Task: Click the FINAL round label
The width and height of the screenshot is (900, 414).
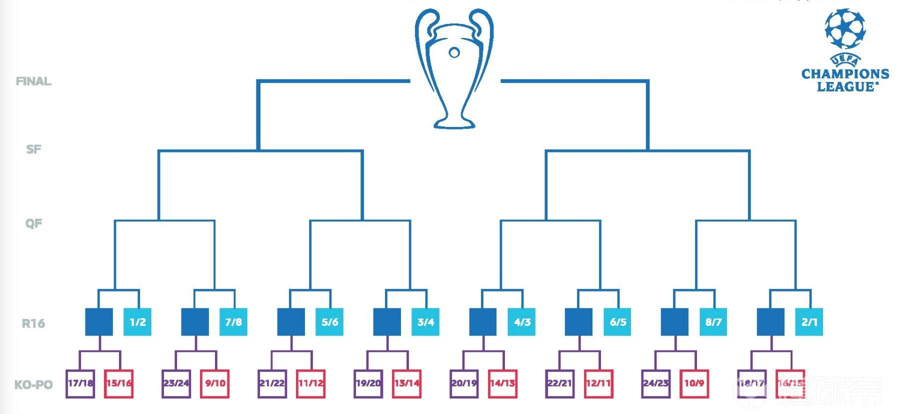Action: click(x=33, y=81)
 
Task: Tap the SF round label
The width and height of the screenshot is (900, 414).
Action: click(x=33, y=149)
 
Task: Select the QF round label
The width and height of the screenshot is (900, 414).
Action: click(x=33, y=223)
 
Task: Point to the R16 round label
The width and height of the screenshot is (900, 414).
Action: click(x=33, y=323)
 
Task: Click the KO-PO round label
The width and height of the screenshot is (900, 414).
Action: click(x=33, y=384)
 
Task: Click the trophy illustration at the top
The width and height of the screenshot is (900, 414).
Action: click(x=454, y=67)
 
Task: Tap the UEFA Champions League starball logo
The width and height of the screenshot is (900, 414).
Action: click(x=845, y=28)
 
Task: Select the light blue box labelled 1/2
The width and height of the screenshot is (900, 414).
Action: click(x=137, y=322)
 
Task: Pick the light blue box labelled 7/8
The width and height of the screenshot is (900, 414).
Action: click(x=233, y=322)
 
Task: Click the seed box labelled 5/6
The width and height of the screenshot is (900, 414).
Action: click(x=329, y=322)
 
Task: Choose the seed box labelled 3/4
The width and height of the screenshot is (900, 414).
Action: click(x=425, y=322)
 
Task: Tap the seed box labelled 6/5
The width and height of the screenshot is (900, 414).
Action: click(x=617, y=322)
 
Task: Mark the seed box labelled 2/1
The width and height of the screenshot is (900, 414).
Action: click(x=809, y=322)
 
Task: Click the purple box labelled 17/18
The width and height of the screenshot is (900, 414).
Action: click(x=80, y=383)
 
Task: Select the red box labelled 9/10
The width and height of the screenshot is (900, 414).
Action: click(x=215, y=383)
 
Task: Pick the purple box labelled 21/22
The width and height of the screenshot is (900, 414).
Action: click(x=272, y=383)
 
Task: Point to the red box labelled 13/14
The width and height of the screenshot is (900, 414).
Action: click(x=406, y=383)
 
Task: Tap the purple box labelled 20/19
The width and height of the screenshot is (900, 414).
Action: click(x=464, y=383)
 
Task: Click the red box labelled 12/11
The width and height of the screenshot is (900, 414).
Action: click(x=598, y=383)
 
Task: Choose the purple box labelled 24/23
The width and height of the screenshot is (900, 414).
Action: click(x=656, y=383)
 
